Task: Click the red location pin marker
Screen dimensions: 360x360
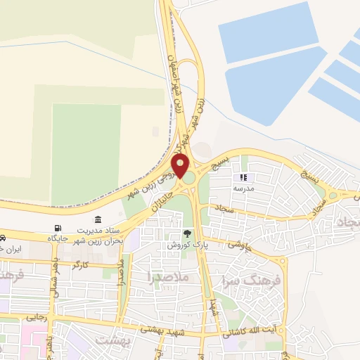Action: (x=180, y=167)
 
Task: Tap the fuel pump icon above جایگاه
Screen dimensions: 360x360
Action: (x=57, y=228)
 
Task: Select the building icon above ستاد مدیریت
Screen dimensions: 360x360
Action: (x=97, y=219)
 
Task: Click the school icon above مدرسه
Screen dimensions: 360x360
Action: (x=245, y=178)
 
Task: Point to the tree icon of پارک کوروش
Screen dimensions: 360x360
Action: (x=187, y=233)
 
